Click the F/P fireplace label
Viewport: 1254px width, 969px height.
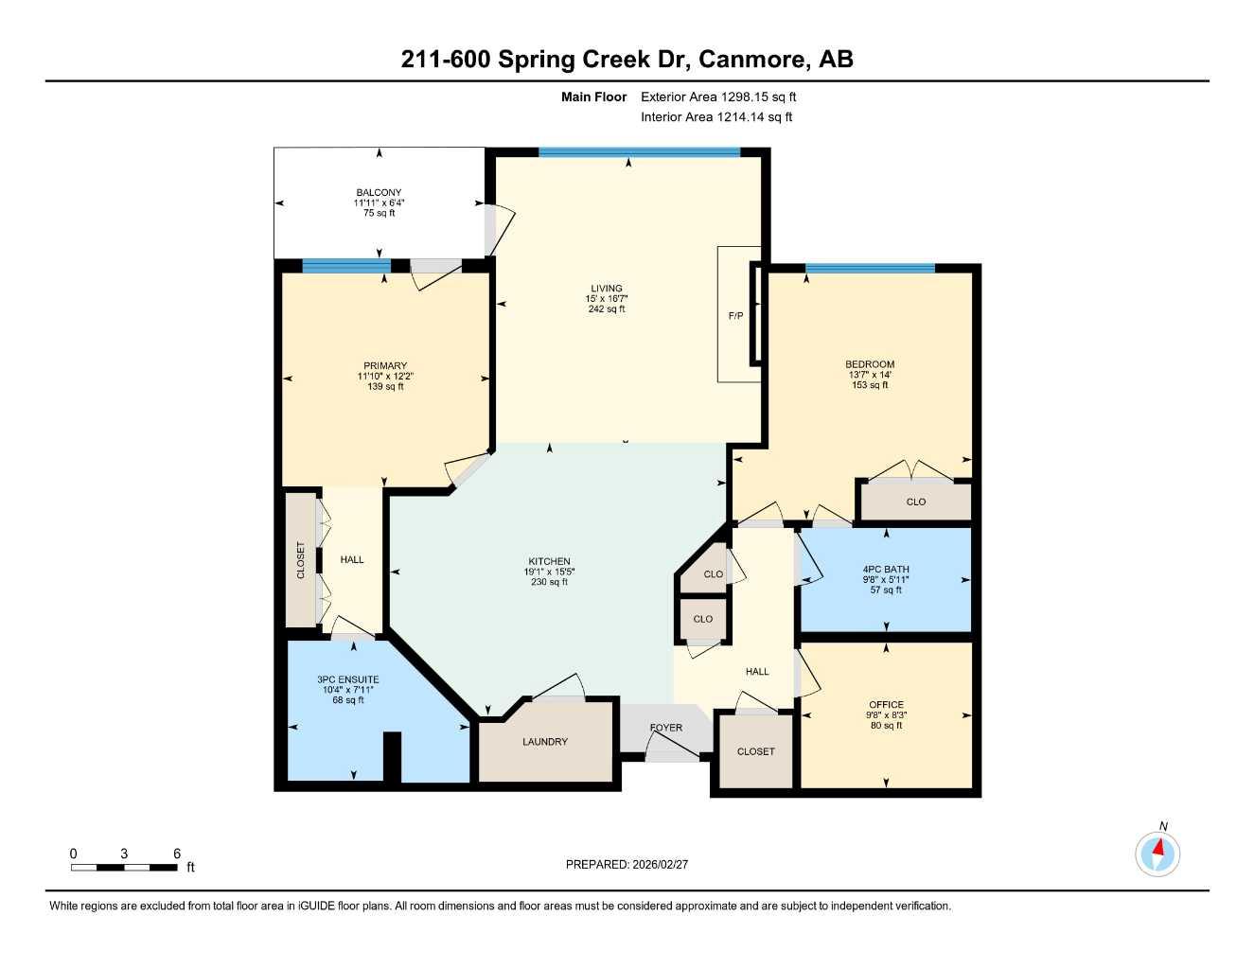(x=735, y=316)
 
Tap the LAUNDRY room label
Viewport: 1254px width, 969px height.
(x=545, y=742)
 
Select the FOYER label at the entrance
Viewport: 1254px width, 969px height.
(x=666, y=728)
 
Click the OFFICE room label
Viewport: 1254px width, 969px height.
(x=886, y=705)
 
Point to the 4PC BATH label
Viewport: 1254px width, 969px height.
(x=886, y=570)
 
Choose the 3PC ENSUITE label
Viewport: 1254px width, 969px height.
(x=348, y=679)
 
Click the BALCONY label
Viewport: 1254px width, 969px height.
(x=379, y=193)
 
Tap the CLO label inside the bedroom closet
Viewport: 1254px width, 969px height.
(x=915, y=502)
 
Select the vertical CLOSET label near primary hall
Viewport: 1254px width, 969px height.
(x=302, y=560)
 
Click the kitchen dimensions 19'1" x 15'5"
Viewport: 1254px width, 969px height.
(x=550, y=572)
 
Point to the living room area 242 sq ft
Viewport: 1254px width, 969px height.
(x=607, y=309)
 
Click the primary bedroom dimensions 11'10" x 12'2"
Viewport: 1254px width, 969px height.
(x=385, y=377)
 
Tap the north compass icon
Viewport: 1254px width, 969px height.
(x=1157, y=854)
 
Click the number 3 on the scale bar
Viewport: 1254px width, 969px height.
(x=124, y=854)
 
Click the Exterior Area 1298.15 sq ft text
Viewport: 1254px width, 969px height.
(x=718, y=97)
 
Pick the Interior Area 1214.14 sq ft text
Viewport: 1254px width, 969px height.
(x=716, y=117)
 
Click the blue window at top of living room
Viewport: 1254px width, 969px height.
(x=639, y=151)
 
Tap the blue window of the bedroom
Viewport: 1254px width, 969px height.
(x=870, y=269)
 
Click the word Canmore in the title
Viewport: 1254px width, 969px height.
(x=754, y=60)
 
